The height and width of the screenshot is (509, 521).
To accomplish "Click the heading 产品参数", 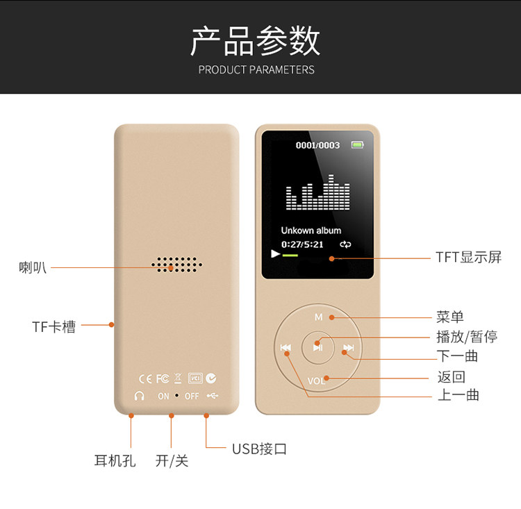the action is tap(256, 41).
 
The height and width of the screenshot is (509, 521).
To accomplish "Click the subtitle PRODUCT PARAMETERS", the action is tap(256, 69).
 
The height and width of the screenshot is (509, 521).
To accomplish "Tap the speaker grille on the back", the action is tap(178, 265).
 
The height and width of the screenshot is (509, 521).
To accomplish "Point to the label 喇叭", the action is tap(33, 267).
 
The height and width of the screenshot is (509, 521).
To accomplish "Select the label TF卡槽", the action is tap(53, 326).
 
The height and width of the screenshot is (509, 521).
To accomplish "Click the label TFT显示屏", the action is tap(468, 257).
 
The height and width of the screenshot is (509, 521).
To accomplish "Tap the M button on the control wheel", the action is tap(318, 317).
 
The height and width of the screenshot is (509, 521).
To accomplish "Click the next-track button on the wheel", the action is tap(349, 348).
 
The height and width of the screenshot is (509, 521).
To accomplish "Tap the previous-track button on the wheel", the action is tap(286, 348).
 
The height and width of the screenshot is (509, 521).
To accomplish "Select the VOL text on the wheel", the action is tap(316, 381).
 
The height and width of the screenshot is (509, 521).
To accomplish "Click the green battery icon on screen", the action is tap(357, 145).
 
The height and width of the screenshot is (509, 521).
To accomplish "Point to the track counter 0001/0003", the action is tap(318, 145).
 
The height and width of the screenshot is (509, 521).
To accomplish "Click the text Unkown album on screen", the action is tap(311, 230).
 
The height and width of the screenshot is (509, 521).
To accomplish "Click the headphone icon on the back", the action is tap(139, 396).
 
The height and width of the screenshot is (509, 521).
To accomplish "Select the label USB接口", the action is tap(259, 449).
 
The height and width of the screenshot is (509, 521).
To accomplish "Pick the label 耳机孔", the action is tap(115, 460).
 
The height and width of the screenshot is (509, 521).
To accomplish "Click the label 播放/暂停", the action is tap(466, 337).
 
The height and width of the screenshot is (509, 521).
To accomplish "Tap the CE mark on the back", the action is tap(145, 378).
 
